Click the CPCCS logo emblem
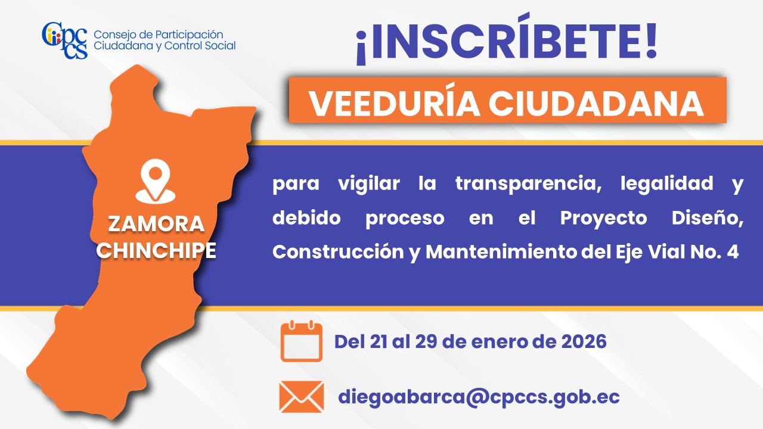[65, 41]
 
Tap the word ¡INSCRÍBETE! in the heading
[506, 39]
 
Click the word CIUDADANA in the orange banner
[596, 103]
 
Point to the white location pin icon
[156, 182]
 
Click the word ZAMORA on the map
[156, 224]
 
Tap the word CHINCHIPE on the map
[156, 251]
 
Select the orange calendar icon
[302, 341]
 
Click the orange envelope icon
[302, 397]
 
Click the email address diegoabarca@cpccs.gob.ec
[479, 397]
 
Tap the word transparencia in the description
[528, 184]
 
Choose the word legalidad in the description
[666, 184]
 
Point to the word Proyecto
[604, 218]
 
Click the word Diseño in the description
[708, 218]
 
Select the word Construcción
[338, 252]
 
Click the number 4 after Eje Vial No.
[733, 252]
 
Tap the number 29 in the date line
[426, 341]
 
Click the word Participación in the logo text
[189, 35]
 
